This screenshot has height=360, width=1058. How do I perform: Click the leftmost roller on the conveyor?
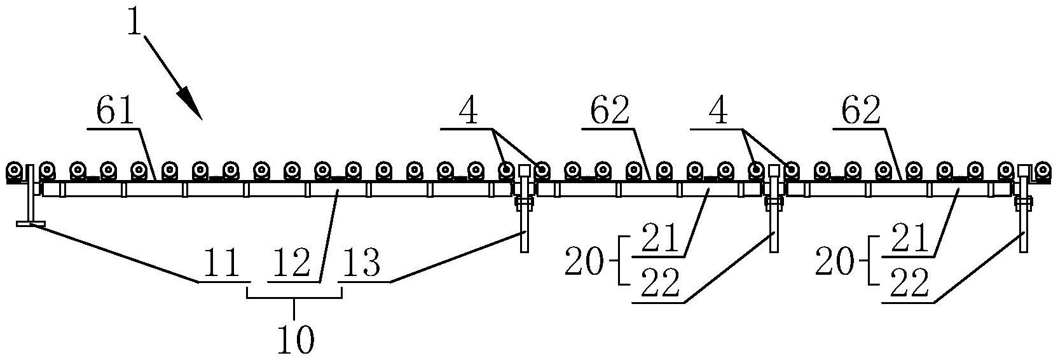(14, 171)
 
